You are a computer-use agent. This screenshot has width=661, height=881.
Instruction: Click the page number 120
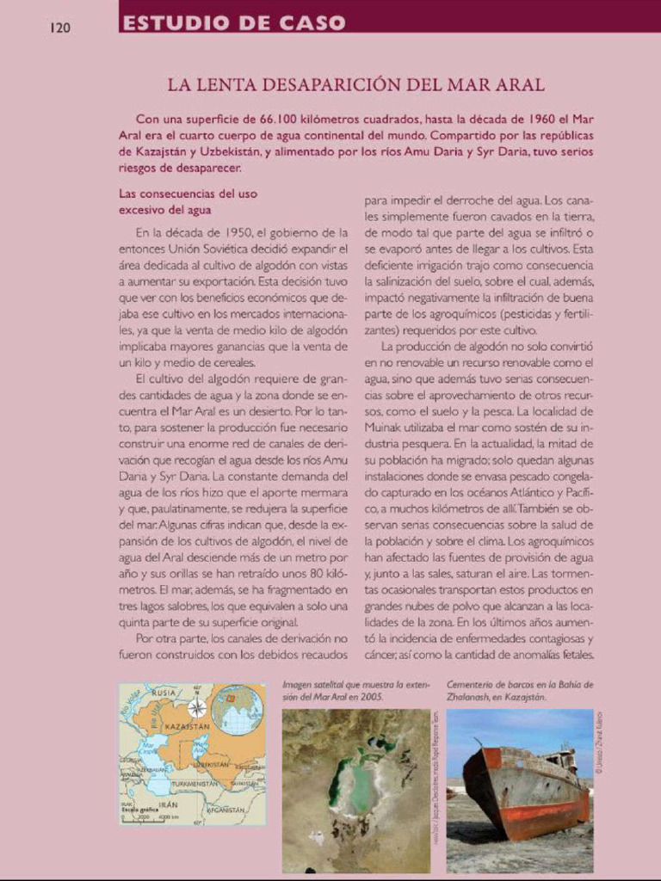59,28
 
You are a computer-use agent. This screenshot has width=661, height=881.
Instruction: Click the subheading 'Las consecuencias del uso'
188,194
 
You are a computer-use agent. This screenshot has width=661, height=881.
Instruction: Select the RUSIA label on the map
164,693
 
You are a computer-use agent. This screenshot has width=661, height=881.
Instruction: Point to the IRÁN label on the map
169,804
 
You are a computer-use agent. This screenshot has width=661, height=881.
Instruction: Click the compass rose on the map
197,707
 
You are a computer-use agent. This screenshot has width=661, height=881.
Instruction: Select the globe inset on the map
238,710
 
